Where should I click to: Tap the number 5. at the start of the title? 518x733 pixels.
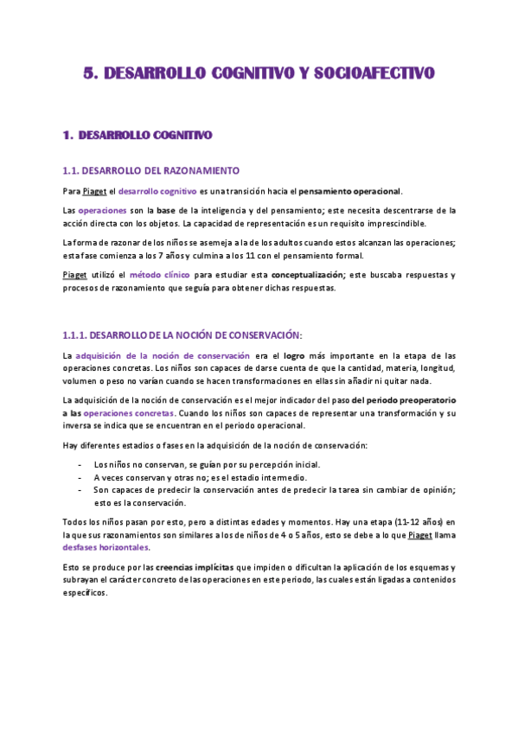pos(91,74)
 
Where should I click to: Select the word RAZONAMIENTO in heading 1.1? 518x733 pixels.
pos(205,170)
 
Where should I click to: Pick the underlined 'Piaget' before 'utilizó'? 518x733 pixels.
pos(74,275)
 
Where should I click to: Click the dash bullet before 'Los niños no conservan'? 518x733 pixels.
pos(80,465)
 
